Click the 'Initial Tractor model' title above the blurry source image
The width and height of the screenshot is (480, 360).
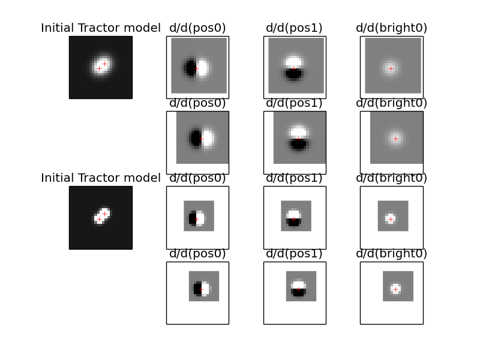(x=101, y=28)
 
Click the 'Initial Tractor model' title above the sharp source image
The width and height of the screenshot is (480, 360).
(x=101, y=178)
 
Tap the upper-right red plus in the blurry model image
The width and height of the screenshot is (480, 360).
(x=104, y=64)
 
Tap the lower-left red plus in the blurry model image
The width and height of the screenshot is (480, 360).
(x=99, y=69)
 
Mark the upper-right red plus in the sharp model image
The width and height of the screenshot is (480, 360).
(x=104, y=214)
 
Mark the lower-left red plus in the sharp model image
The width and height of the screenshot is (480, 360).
(x=99, y=219)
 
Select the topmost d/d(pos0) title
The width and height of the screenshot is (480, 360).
(x=197, y=28)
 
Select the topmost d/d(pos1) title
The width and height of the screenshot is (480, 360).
(x=294, y=28)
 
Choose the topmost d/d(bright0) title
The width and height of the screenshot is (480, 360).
(x=392, y=28)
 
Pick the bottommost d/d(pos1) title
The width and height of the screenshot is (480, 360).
(x=294, y=253)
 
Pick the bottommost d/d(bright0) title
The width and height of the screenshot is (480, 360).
(x=392, y=253)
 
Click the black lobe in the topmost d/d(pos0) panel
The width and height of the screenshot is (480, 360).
(x=190, y=68)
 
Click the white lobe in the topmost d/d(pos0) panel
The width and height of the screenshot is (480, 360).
(x=202, y=68)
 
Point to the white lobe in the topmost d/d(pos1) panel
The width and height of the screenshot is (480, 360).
(x=293, y=62)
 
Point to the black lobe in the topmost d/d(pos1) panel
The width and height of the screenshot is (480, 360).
(x=293, y=74)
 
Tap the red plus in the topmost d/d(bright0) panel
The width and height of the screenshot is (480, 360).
(x=391, y=69)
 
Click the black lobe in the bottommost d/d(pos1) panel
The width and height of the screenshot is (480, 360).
(x=298, y=292)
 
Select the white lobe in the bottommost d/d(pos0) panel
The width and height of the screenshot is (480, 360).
(x=205, y=289)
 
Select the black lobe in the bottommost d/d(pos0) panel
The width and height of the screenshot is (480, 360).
(x=197, y=289)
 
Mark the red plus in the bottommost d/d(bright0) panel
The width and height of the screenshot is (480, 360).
(x=395, y=289)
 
